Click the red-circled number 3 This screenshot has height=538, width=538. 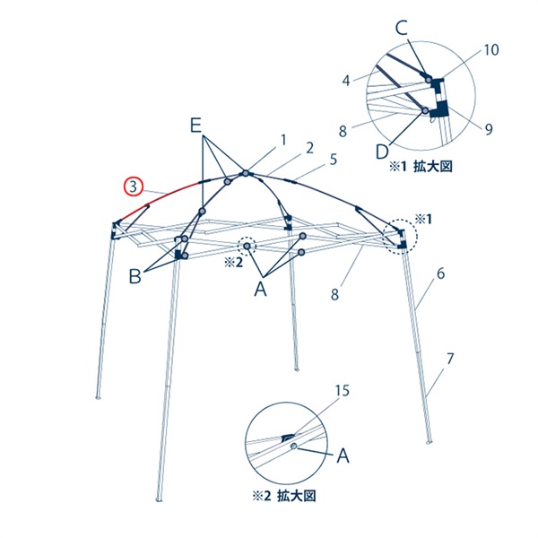132,187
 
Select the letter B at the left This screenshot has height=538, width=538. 135,277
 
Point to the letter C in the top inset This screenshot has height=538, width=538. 402,27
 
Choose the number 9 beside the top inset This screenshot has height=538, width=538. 489,129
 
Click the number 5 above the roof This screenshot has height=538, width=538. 333,160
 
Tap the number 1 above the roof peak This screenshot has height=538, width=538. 282,139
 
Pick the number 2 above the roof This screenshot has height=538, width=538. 308,146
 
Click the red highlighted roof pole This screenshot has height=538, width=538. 166,199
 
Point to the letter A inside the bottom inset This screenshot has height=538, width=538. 341,456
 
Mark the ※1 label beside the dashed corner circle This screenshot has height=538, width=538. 422,218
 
